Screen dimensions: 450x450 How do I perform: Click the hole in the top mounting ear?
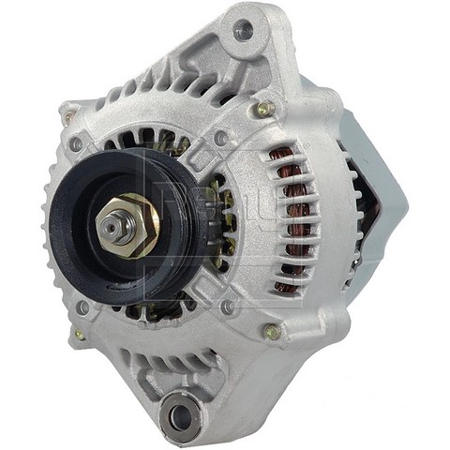pos(245,30)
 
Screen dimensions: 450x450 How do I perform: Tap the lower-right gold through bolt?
pos(272,331)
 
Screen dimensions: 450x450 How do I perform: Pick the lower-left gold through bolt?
pos(80,335)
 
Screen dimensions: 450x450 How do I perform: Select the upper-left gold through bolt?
pos(68,117)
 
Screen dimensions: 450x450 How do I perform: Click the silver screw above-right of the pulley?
pos(221,139)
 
